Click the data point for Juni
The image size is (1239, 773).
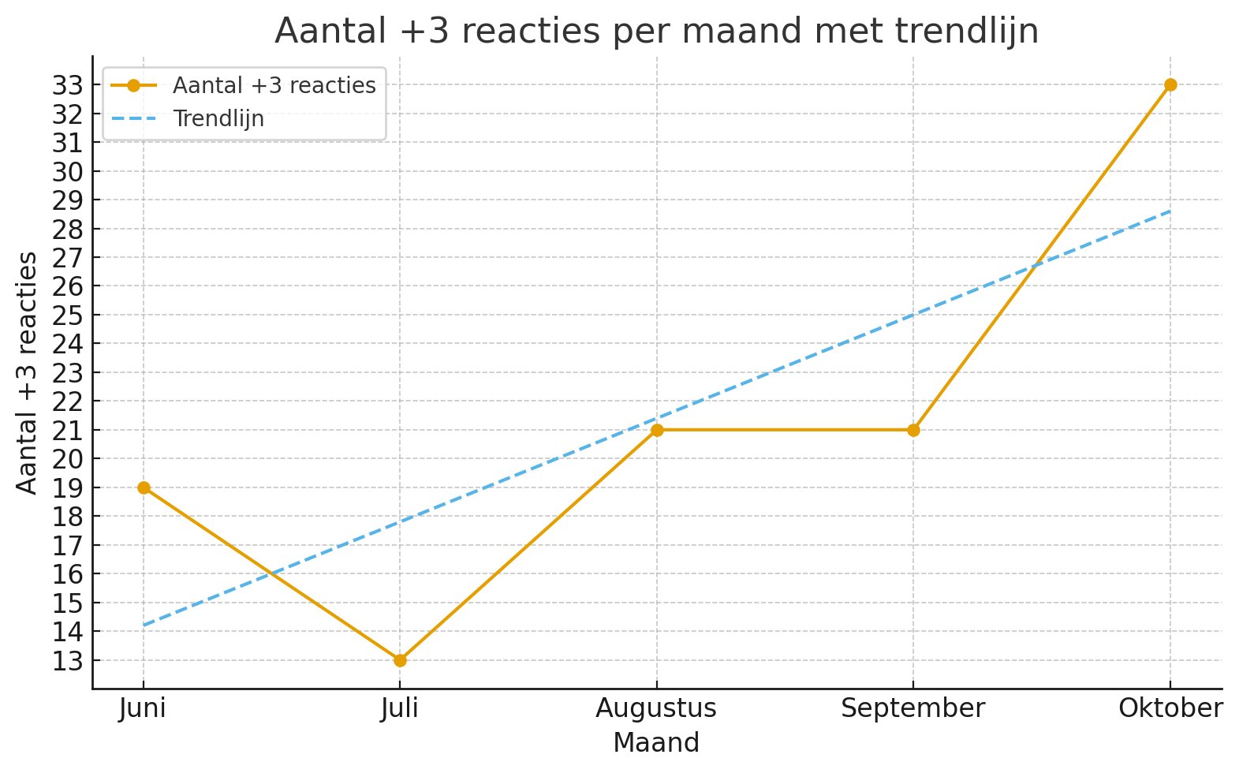pyautogui.click(x=144, y=487)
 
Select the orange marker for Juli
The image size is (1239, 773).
pyautogui.click(x=400, y=660)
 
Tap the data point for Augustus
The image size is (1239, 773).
pyautogui.click(x=657, y=430)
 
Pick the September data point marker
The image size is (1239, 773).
pyautogui.click(x=913, y=430)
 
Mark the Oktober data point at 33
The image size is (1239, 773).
pyautogui.click(x=1170, y=84)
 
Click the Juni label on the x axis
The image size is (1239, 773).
pyautogui.click(x=143, y=708)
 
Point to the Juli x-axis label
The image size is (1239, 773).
pyautogui.click(x=400, y=708)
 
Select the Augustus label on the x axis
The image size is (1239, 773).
pyautogui.click(x=656, y=708)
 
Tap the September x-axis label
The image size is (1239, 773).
pyautogui.click(x=913, y=708)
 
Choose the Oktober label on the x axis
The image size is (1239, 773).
pyautogui.click(x=1171, y=708)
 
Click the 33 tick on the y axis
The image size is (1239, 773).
pyautogui.click(x=68, y=85)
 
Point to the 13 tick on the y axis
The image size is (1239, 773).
pyautogui.click(x=68, y=661)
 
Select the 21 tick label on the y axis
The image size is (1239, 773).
pyautogui.click(x=68, y=431)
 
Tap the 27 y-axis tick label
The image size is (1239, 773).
pyautogui.click(x=68, y=258)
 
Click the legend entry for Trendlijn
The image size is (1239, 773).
pyautogui.click(x=218, y=119)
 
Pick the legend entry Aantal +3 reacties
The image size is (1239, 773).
pyautogui.click(x=274, y=85)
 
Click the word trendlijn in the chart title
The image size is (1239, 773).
pyautogui.click(x=967, y=32)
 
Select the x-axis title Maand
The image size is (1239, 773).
pyautogui.click(x=656, y=743)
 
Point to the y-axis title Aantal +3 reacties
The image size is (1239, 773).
pyautogui.click(x=28, y=372)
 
